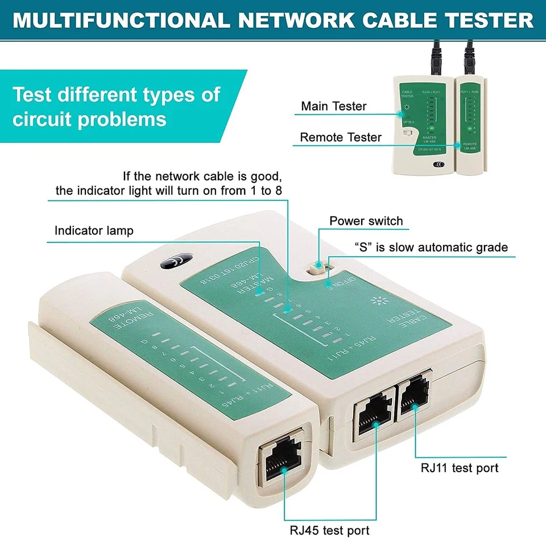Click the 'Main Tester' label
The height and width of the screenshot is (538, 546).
[x=333, y=106]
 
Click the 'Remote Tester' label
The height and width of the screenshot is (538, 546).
[x=341, y=137]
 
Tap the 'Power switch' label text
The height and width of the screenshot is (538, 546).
[x=366, y=221]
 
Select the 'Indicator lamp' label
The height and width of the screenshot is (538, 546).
[x=94, y=231]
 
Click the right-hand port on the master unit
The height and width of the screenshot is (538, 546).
[x=413, y=394]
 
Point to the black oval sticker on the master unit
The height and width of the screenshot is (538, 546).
[x=174, y=262]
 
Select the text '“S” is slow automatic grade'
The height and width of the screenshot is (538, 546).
[x=431, y=248]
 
